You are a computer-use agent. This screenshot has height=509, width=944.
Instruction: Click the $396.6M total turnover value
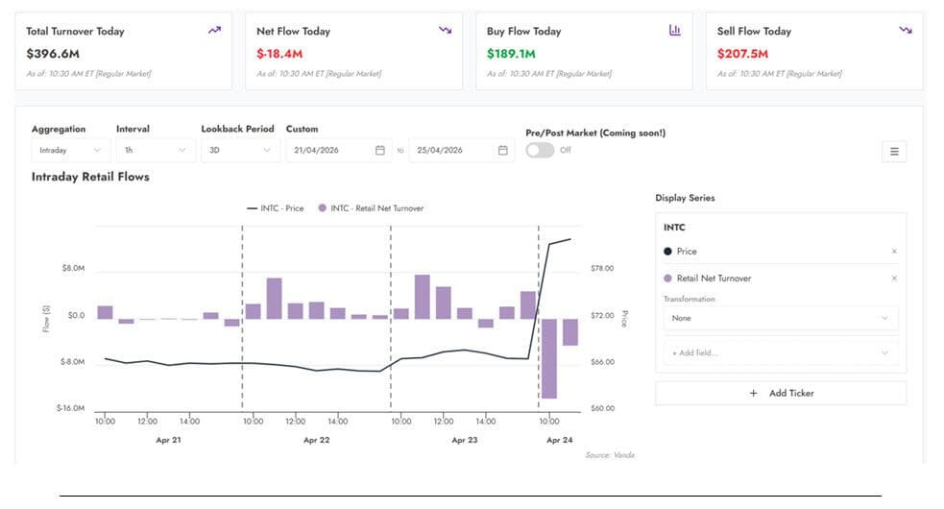pos(53,54)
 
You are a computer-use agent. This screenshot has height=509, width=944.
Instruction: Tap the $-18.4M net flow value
pos(279,54)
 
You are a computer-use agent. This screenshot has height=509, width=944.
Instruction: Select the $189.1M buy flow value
pos(511,54)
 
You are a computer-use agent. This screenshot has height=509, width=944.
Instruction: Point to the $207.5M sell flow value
pos(742,54)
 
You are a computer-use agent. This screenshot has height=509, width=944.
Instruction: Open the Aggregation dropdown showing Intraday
pos(70,150)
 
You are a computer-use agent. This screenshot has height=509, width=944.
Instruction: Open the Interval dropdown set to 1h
pos(156,150)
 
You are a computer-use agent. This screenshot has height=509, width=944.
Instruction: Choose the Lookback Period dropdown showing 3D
pos(240,150)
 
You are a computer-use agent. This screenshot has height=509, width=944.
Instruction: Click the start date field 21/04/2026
pos(339,150)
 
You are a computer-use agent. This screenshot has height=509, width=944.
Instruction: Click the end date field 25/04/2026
pos(462,150)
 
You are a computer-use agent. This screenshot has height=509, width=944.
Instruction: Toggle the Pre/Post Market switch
pos(540,150)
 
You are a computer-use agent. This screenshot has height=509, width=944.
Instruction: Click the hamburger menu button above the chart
pos(894,151)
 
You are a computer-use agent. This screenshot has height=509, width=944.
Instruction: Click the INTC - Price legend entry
pos(275,208)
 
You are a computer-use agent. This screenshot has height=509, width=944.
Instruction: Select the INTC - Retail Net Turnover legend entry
pos(371,208)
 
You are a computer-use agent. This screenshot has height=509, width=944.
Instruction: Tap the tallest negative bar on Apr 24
pos(549,358)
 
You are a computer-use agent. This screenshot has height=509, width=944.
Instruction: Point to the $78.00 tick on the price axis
pos(602,268)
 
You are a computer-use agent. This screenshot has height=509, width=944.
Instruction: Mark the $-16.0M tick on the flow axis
pos(70,408)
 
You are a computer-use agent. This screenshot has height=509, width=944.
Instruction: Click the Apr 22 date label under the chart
pos(317,440)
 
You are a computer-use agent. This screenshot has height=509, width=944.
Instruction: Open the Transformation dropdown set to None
pos(781,318)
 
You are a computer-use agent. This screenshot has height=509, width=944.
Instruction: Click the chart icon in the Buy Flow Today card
pos(675,30)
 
